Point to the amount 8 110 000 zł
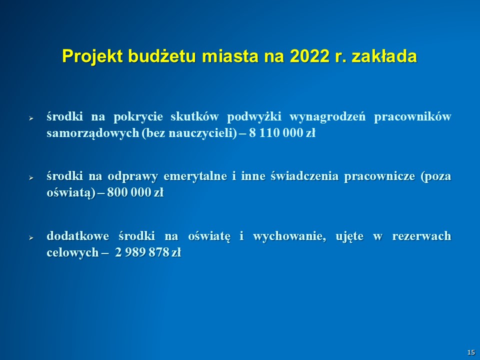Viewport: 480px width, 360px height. [282, 133]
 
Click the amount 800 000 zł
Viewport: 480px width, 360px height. [135, 192]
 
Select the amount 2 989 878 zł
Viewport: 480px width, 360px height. [148, 252]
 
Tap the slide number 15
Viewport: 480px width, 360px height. [471, 352]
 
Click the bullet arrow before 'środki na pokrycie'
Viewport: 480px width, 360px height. [31, 118]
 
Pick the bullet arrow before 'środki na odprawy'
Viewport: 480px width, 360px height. [31, 177]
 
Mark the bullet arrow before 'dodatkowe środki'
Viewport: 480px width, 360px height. [31, 237]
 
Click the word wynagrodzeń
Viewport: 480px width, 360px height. [327, 117]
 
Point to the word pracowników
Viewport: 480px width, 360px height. [412, 117]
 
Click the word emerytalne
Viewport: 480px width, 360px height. [195, 176]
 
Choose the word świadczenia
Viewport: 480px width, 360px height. [304, 176]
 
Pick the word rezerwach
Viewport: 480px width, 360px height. [421, 236]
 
